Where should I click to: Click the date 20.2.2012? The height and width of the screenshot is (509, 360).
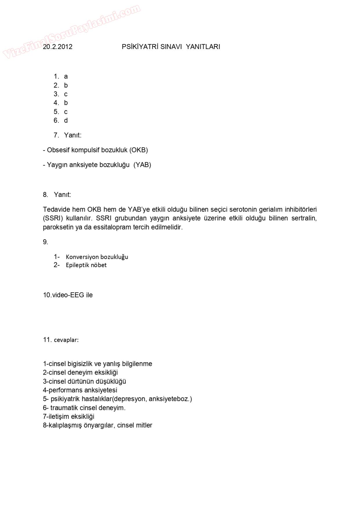coord(57,47)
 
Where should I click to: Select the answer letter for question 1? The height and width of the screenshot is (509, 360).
coord(66,77)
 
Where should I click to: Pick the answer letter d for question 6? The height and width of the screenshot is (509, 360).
coord(66,121)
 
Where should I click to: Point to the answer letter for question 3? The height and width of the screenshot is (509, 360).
coord(66,94)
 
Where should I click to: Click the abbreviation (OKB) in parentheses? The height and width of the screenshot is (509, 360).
coord(139,150)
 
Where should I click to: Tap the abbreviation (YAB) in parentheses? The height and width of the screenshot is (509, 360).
coord(142,165)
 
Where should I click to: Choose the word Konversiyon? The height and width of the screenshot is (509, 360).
coord(82,257)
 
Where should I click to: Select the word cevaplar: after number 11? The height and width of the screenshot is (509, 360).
coord(66,340)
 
